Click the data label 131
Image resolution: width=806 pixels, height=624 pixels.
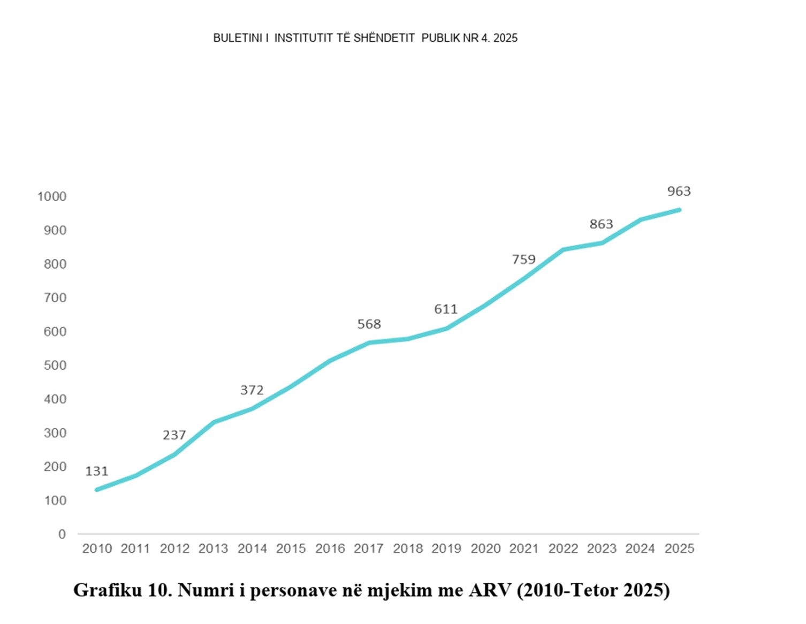tap(97, 471)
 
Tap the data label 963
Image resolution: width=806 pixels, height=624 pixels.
tap(679, 191)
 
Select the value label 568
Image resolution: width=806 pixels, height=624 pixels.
tap(369, 324)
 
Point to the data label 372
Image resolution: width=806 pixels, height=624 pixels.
tap(252, 390)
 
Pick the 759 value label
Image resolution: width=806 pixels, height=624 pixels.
tap(523, 260)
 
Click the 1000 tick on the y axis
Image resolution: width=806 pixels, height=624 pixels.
tap(52, 196)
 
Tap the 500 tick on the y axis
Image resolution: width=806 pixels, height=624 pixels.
tap(55, 365)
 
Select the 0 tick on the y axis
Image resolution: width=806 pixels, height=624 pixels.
tap(62, 534)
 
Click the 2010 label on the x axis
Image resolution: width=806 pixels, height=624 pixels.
tap(97, 549)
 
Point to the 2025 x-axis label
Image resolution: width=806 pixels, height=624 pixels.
tap(679, 549)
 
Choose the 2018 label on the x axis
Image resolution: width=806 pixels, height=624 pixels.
tap(408, 549)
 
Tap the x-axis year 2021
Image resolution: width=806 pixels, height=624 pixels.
tap(524, 549)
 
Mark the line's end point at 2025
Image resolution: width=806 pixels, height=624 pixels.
tap(679, 210)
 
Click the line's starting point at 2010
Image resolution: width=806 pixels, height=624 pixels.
tap(97, 490)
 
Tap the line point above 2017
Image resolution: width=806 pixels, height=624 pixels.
tap(369, 343)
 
